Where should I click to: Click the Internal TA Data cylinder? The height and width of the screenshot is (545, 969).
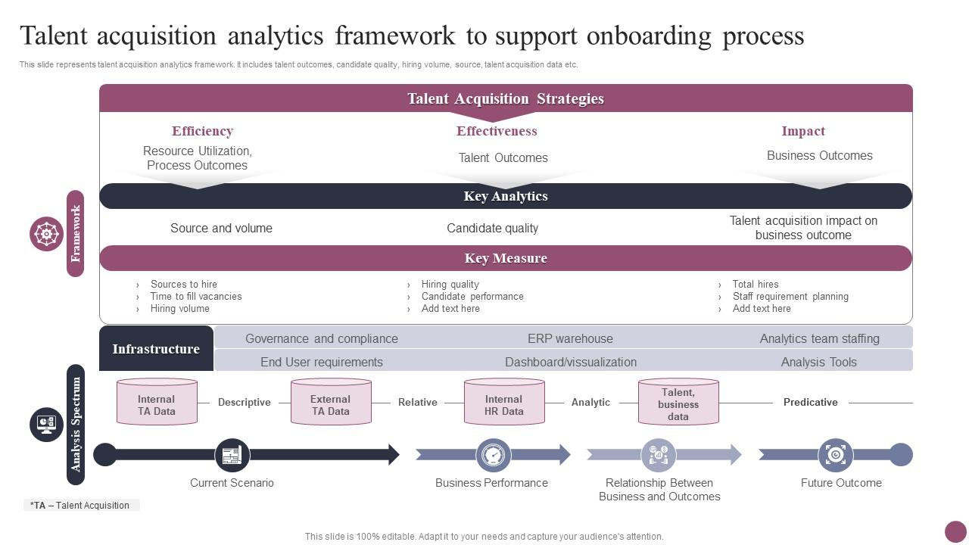pyautogui.click(x=157, y=402)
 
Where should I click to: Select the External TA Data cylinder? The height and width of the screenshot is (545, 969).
pyautogui.click(x=331, y=402)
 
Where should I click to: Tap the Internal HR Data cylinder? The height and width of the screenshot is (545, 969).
pyautogui.click(x=504, y=402)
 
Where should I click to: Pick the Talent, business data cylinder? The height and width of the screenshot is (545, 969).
pyautogui.click(x=678, y=402)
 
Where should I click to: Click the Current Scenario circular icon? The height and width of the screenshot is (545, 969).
pyautogui.click(x=232, y=455)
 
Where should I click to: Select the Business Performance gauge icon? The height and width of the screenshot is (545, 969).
pyautogui.click(x=494, y=455)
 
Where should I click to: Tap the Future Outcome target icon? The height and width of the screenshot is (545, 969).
pyautogui.click(x=836, y=455)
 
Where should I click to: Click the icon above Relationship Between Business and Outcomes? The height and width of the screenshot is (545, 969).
pyautogui.click(x=659, y=455)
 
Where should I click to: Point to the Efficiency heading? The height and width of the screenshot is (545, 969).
pyautogui.click(x=202, y=131)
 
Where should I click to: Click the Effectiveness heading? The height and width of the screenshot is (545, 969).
pyautogui.click(x=497, y=131)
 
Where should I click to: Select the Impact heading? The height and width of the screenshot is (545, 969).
pyautogui.click(x=803, y=131)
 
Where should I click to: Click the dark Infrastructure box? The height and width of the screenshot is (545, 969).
pyautogui.click(x=156, y=349)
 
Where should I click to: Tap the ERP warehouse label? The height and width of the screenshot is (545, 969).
pyautogui.click(x=570, y=338)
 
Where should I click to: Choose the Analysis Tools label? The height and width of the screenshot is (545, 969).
pyautogui.click(x=819, y=362)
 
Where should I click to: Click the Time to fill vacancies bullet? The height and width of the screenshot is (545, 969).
pyautogui.click(x=196, y=297)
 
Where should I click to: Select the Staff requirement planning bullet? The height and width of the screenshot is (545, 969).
pyautogui.click(x=790, y=297)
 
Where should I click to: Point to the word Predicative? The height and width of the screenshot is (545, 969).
pyautogui.click(x=810, y=402)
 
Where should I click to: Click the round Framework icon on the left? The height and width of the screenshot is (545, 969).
pyautogui.click(x=47, y=234)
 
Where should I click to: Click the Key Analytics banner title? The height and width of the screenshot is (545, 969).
pyautogui.click(x=506, y=196)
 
